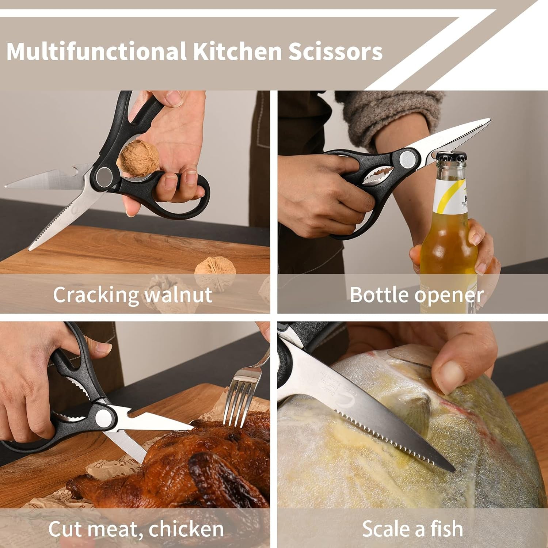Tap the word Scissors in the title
pyautogui.click(x=335, y=51)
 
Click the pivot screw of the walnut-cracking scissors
pyautogui.click(x=104, y=176)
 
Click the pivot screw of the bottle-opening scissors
pyautogui.click(x=407, y=158)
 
